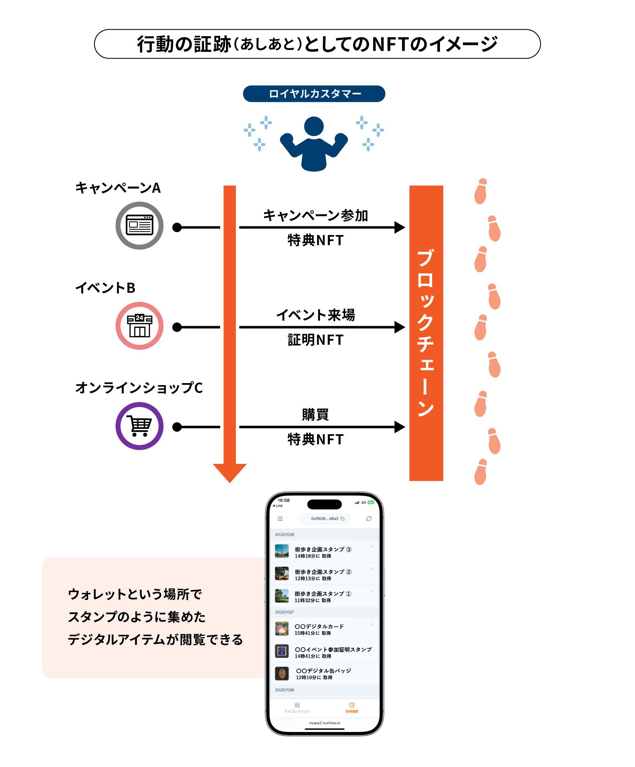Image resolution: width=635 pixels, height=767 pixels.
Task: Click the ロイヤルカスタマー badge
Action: [x=314, y=94]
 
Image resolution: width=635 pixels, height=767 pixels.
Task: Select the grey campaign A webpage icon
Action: [x=139, y=226]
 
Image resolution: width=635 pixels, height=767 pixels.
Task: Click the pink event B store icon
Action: [x=139, y=326]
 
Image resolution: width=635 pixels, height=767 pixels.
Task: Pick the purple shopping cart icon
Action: [x=139, y=426]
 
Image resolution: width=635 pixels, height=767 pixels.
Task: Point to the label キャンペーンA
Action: [x=118, y=188]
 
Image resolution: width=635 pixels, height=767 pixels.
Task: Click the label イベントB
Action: [x=105, y=288]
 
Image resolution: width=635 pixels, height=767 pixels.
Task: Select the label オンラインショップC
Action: [x=139, y=388]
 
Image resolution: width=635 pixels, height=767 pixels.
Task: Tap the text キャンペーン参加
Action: [x=315, y=215]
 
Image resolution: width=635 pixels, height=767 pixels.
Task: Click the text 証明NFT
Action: [x=315, y=340]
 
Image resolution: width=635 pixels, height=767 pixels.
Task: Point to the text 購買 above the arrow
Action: [x=315, y=414]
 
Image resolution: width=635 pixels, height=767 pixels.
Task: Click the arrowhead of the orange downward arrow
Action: [x=230, y=472]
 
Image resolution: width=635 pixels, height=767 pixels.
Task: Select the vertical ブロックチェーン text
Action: [x=426, y=333]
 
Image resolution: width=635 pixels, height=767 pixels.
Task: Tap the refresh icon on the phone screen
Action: [x=369, y=519]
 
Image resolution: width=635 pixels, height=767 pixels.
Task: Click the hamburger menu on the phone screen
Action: [x=280, y=519]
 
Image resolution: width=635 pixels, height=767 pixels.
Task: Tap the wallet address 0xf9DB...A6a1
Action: [x=325, y=519]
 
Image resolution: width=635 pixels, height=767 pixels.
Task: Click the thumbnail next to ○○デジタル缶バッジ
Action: [x=282, y=673]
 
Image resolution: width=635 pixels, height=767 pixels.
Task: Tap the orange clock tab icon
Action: [x=352, y=705]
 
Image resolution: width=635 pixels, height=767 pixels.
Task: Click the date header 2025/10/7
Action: [x=285, y=612]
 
